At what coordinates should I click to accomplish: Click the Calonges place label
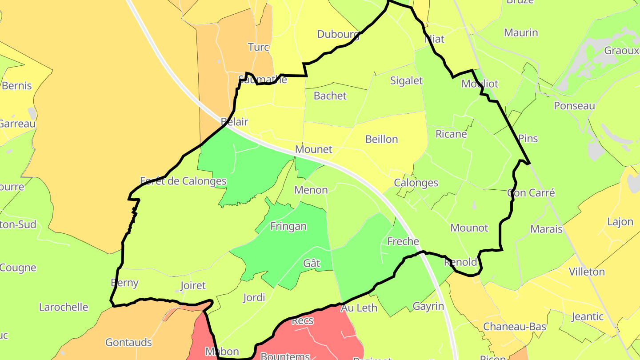(x=416, y=183)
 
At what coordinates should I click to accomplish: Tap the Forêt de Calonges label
(x=183, y=181)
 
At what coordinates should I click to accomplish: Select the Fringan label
(x=288, y=226)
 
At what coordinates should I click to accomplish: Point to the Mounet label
(x=314, y=149)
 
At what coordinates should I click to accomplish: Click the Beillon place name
(x=381, y=139)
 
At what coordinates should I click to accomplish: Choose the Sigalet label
(x=406, y=80)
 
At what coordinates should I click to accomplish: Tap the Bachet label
(x=330, y=96)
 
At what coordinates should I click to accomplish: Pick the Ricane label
(x=451, y=134)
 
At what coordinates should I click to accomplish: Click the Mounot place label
(x=469, y=228)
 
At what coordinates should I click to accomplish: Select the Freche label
(x=403, y=241)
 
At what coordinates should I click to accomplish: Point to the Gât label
(x=312, y=263)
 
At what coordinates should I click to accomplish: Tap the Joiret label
(x=193, y=285)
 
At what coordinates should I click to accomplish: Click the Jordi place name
(x=254, y=297)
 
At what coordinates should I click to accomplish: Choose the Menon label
(x=311, y=190)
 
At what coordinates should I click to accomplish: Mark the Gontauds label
(x=128, y=342)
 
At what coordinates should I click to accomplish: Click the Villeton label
(x=587, y=272)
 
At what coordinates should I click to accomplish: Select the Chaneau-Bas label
(x=515, y=327)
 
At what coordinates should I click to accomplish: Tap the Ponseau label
(x=574, y=106)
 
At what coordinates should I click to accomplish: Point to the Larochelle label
(x=64, y=307)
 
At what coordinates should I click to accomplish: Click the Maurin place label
(x=521, y=32)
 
